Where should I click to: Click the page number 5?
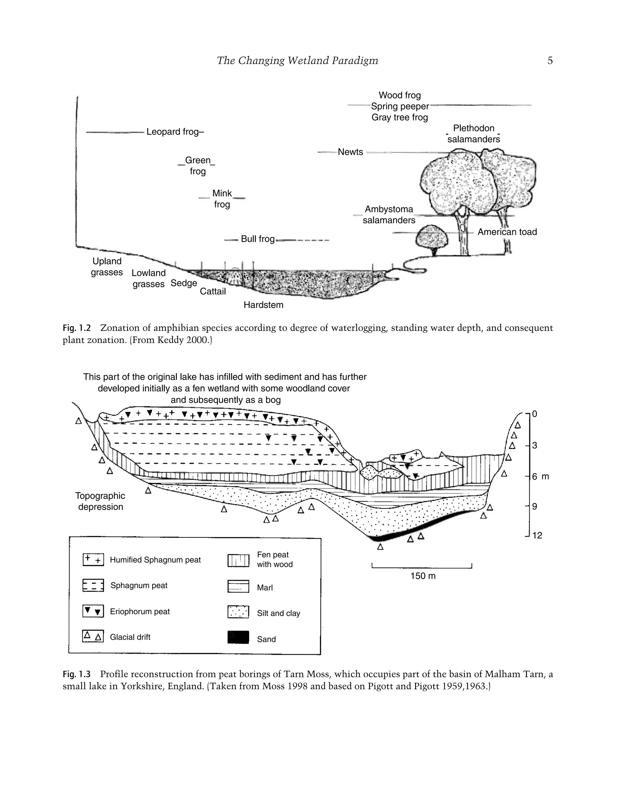pos(550,60)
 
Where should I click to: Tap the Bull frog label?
pos(258,239)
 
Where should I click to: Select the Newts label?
pos(350,152)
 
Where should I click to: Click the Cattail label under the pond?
pos(213,291)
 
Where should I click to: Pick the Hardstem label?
pos(263,305)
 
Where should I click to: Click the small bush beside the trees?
pos(432,239)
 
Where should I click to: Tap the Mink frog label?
pos(222,199)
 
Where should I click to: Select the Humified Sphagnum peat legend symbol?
pos(93,560)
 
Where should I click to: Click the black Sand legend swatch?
pos(238,637)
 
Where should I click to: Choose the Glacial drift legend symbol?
pos(93,636)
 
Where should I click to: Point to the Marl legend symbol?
pos(238,586)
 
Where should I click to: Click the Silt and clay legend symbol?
pos(238,612)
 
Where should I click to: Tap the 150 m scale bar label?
pos(423,576)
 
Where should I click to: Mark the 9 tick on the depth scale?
pos(534,506)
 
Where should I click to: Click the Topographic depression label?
pos(100,501)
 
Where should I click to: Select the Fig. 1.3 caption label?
pos(77,674)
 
